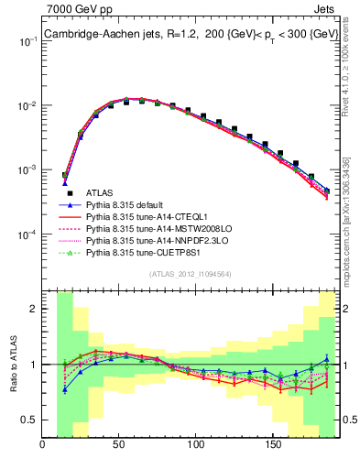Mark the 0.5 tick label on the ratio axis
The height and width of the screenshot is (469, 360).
[30, 420]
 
